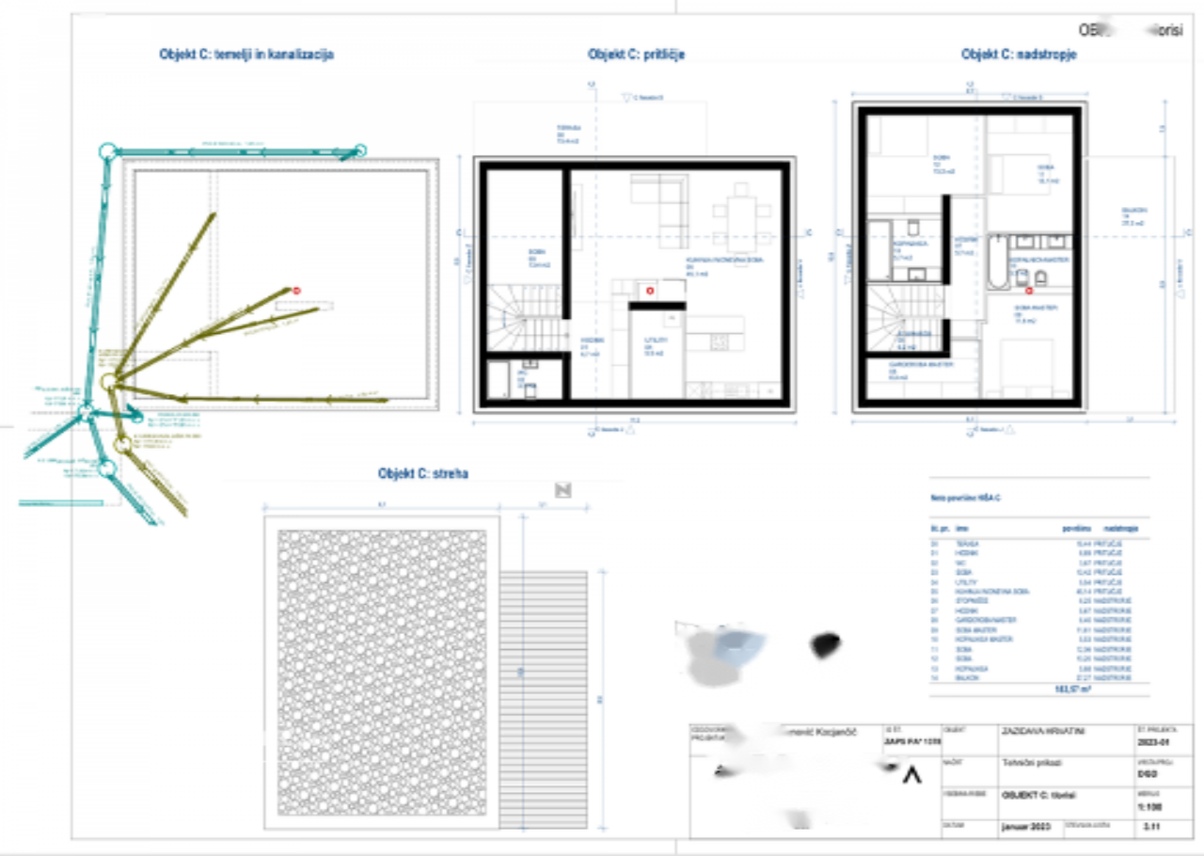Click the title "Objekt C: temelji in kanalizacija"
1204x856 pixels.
coord(246,55)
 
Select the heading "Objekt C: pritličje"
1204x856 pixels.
coord(636,55)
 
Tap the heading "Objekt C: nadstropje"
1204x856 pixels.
coord(1019,55)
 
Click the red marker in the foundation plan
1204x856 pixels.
coord(296,293)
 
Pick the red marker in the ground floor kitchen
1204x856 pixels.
coord(649,292)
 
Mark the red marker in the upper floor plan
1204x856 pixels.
coord(1028,293)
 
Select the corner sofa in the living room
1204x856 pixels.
coord(658,202)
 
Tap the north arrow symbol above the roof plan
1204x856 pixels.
coord(563,489)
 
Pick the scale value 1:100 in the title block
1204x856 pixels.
coord(1149,806)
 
